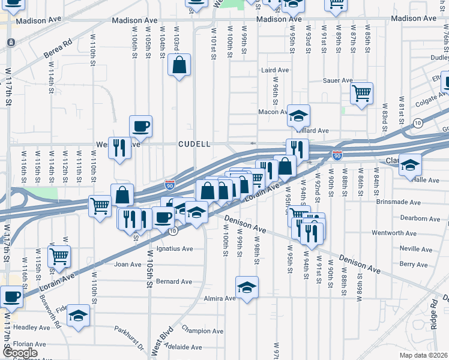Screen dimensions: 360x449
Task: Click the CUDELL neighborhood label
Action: [x=194, y=144]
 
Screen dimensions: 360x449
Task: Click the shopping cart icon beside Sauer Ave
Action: [x=362, y=93]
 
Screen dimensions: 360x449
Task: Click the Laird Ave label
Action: [x=275, y=70]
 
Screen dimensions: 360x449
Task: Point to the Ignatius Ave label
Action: [x=174, y=248]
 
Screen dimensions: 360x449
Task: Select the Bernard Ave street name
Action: [x=173, y=281]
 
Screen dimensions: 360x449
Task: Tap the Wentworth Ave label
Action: [x=394, y=233]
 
